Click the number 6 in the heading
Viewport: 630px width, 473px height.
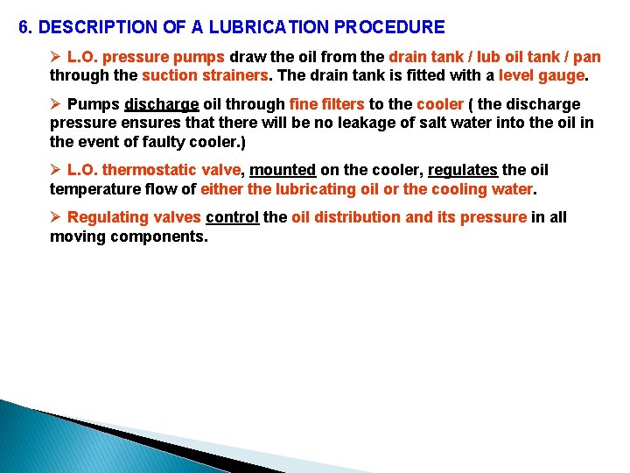pos(24,28)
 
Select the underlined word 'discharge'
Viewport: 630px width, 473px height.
pos(162,105)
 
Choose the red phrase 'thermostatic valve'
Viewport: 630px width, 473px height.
pos(171,170)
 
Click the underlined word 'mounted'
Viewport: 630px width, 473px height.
pos(283,170)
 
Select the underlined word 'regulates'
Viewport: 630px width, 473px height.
pos(463,170)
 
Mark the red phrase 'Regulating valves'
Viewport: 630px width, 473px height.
pos(134,217)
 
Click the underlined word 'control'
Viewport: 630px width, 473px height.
pos(232,217)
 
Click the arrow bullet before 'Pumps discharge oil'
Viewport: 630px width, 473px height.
pos(56,105)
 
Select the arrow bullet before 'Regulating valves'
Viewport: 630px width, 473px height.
pos(56,217)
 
